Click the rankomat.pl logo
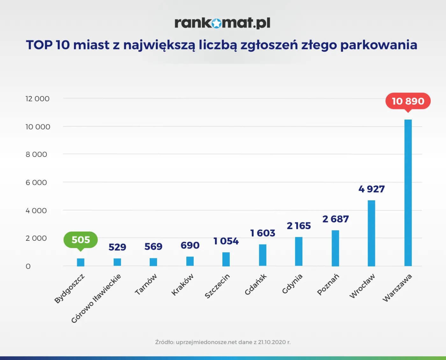click(x=222, y=23)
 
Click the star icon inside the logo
click(x=216, y=23)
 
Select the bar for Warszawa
click(x=408, y=193)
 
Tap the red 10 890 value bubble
click(x=408, y=101)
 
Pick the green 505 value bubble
click(x=81, y=240)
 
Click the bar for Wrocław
click(x=371, y=233)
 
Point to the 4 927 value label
click(x=371, y=189)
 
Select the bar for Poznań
click(x=335, y=248)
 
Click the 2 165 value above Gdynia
click(x=299, y=226)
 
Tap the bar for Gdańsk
click(x=263, y=255)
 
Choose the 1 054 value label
click(x=226, y=241)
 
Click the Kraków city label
click(x=183, y=284)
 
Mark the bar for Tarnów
click(x=153, y=262)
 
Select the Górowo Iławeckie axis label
click(x=96, y=298)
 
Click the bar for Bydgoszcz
click(x=81, y=262)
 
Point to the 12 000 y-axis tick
click(x=37, y=99)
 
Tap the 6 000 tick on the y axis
click(x=36, y=183)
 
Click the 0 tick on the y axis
click(x=28, y=266)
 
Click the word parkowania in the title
click(x=378, y=45)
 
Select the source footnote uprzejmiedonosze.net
click(x=223, y=342)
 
